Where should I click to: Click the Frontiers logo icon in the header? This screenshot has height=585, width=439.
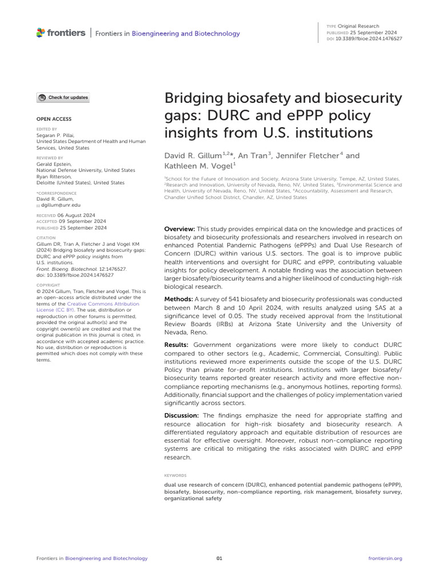pos(41,33)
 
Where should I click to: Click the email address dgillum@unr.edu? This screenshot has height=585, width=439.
pos(62,205)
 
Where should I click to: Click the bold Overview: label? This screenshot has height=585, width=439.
pos(181,229)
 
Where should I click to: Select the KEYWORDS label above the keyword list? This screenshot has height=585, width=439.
pos(175,475)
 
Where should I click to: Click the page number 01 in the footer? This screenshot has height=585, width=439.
pos(219,558)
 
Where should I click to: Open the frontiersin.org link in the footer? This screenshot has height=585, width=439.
pos(386,558)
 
